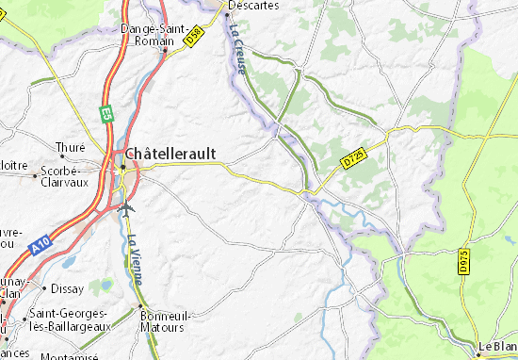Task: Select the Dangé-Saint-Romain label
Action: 152,36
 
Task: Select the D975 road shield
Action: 464,263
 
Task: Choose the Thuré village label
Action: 71,147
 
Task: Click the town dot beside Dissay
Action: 43,288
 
